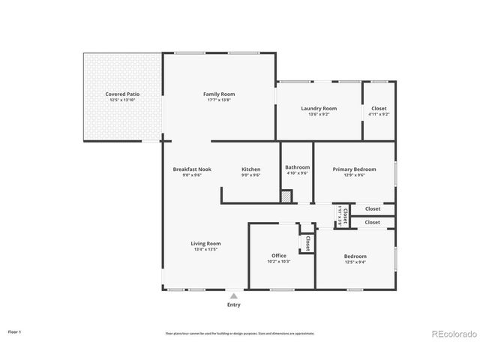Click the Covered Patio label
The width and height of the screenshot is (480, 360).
tap(122, 94)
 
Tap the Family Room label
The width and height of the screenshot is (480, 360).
tap(219, 94)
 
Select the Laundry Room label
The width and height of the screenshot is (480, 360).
tap(319, 108)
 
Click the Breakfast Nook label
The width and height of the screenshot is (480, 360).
tap(192, 169)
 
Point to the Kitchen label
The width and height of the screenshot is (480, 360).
tap(250, 169)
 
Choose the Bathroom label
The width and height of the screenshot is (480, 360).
tap(297, 167)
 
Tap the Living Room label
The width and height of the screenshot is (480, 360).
tap(205, 244)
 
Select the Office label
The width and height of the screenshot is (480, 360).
tap(278, 256)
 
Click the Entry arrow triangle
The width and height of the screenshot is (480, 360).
tap(234, 295)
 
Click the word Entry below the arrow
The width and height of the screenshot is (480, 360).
tap(234, 304)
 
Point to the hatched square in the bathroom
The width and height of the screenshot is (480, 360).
tap(286, 196)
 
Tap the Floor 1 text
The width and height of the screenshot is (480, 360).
tap(15, 331)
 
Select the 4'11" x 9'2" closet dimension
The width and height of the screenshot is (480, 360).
tap(379, 114)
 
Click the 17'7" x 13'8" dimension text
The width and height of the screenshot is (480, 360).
tap(219, 100)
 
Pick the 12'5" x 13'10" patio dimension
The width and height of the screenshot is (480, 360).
tap(122, 100)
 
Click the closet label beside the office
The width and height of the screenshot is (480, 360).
tap(307, 243)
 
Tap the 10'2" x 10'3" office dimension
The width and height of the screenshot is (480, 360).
tap(278, 262)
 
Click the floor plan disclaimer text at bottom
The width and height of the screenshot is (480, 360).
tap(240, 333)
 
